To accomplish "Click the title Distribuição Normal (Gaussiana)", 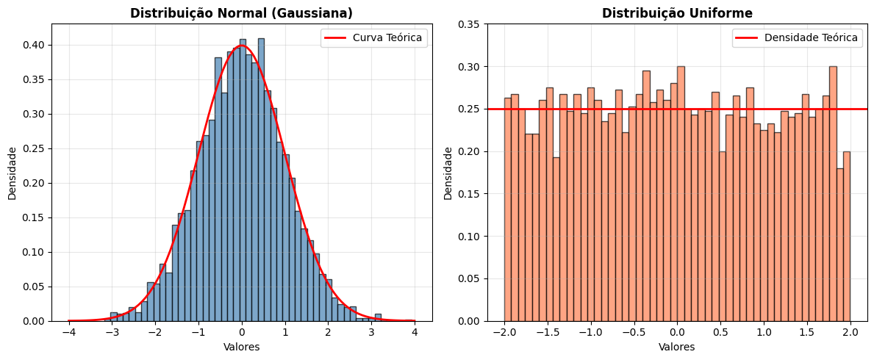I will pyautogui.click(x=241, y=13).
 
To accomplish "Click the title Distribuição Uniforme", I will pyautogui.click(x=677, y=13).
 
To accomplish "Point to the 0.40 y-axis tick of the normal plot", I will pyautogui.click(x=35, y=45).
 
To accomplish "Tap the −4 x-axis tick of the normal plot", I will pyautogui.click(x=68, y=332).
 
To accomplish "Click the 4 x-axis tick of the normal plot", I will pyautogui.click(x=415, y=332).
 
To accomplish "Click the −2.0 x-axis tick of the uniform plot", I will pyautogui.click(x=504, y=332).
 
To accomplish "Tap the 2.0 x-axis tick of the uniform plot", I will pyautogui.click(x=850, y=332).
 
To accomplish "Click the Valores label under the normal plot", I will pyautogui.click(x=241, y=347).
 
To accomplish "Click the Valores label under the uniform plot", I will pyautogui.click(x=677, y=347).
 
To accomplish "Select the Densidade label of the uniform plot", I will pyautogui.click(x=448, y=173).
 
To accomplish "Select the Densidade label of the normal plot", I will pyautogui.click(x=12, y=173).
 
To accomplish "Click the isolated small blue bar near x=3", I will pyautogui.click(x=378, y=317).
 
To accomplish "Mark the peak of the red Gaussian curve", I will pyautogui.click(x=241, y=46).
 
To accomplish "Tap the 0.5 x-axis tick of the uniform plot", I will pyautogui.click(x=720, y=332).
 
